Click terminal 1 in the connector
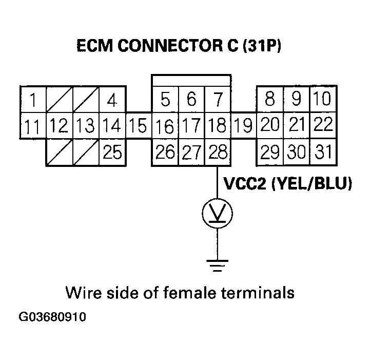(x=33, y=100)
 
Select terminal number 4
(x=112, y=100)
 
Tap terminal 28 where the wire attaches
(x=217, y=153)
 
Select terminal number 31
(x=323, y=153)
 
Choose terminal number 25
(x=112, y=153)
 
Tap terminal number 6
(x=191, y=99)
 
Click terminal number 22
(x=323, y=125)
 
